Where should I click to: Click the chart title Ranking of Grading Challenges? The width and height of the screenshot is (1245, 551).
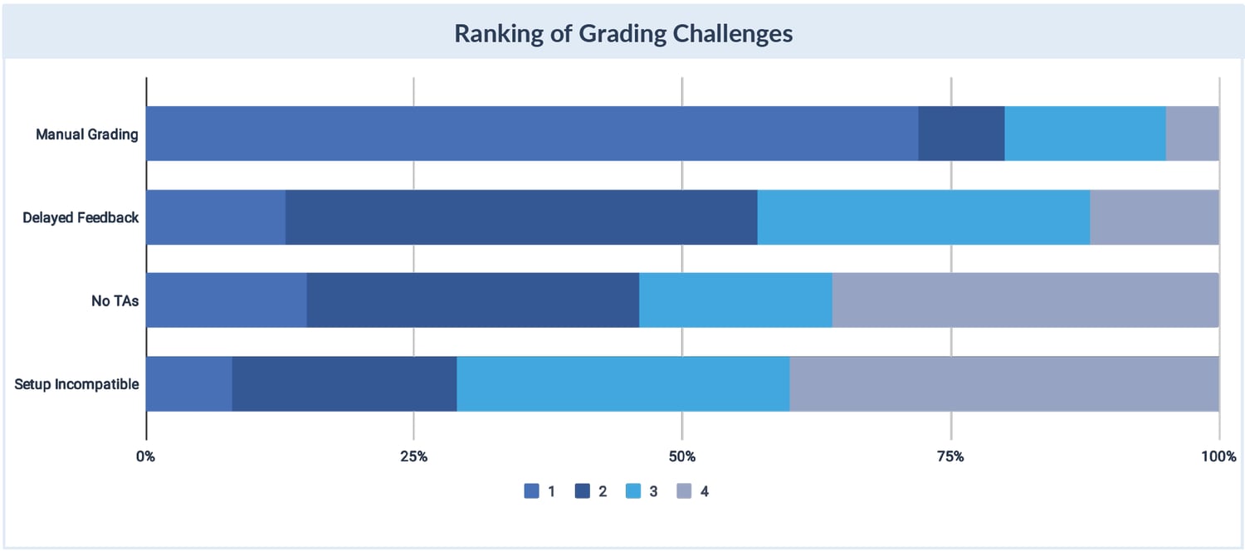coord(622,33)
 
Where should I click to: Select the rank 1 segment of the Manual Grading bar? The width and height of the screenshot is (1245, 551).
coord(531,133)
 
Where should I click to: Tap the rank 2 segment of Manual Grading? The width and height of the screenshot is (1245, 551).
coord(961,133)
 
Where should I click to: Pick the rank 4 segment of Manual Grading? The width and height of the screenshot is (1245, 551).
coord(1192,133)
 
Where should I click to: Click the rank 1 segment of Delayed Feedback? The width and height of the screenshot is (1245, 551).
coord(215,217)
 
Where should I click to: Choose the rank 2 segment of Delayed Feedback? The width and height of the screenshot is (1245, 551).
coord(521,217)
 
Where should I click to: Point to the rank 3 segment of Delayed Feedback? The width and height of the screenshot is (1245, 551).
coord(923,217)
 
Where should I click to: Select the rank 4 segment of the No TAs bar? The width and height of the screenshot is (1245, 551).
coord(1025,300)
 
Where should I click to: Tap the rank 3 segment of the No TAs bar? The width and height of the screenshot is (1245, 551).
coord(735,300)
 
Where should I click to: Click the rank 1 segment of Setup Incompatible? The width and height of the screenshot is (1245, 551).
coord(188,383)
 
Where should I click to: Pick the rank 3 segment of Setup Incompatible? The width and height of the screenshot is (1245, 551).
coord(622,383)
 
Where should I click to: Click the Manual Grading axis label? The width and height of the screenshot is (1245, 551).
coord(86,134)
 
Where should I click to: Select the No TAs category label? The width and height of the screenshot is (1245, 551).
coord(115,300)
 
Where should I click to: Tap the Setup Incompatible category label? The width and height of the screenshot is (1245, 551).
coord(76,384)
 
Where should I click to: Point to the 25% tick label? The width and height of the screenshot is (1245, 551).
coord(413,456)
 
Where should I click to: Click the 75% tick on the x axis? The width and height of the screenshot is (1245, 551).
coord(950,456)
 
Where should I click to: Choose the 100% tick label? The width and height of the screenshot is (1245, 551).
coord(1218,456)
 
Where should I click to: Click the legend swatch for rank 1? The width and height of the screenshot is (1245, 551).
coord(532,491)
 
